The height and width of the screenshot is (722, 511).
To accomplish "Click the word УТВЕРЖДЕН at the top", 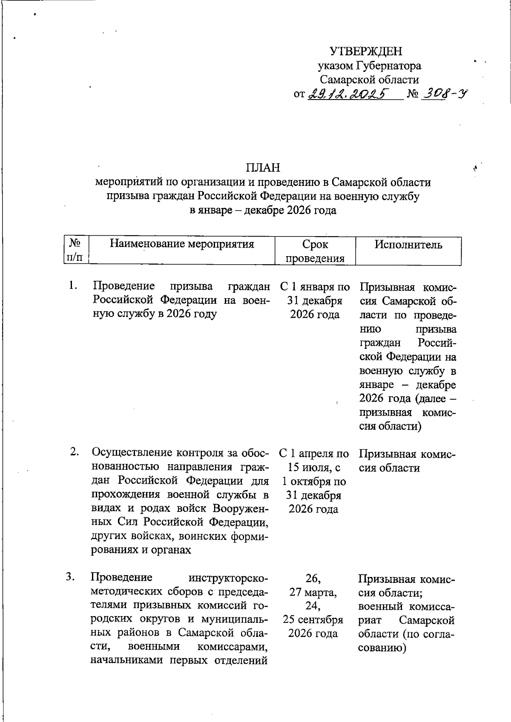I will (366, 51).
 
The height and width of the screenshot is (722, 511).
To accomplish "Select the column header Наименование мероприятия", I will (182, 244).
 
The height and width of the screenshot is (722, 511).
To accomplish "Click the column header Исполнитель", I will (408, 245).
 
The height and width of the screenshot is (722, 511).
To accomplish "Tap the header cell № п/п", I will (75, 251).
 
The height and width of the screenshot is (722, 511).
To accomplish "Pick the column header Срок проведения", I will (315, 251).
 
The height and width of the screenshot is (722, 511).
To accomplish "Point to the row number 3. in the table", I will (71, 577).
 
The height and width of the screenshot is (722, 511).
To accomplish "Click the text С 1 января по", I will (315, 287).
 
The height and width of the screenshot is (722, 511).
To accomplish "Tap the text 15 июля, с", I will (314, 468).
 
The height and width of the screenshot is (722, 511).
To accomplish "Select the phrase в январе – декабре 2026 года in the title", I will (263, 210).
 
